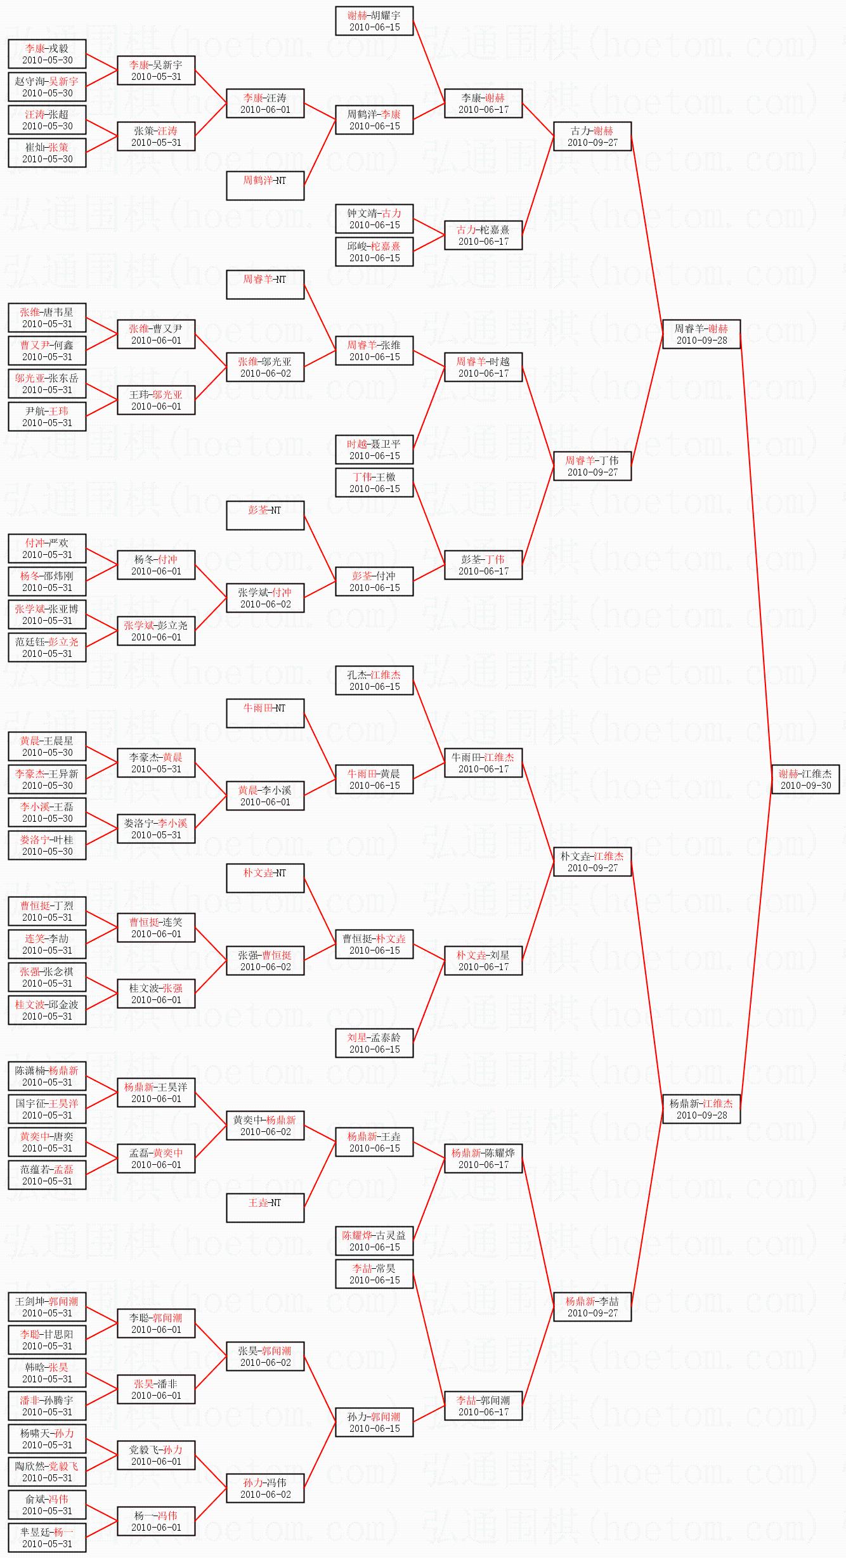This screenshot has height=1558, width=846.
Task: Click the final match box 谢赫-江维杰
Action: [x=805, y=779]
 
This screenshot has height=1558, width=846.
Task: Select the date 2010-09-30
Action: [x=805, y=786]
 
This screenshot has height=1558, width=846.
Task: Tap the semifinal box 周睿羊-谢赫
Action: [x=701, y=334]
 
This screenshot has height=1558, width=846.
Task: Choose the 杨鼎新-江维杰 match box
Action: [x=701, y=1109]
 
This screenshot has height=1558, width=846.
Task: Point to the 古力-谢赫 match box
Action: [x=592, y=136]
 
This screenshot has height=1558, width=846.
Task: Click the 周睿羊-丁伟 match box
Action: [x=592, y=466]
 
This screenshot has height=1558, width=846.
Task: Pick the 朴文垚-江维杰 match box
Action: [x=592, y=862]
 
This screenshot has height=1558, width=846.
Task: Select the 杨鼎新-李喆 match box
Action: [x=592, y=1307]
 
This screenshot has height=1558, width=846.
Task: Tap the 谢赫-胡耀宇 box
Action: [x=374, y=21]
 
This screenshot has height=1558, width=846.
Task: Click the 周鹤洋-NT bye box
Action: [x=265, y=185]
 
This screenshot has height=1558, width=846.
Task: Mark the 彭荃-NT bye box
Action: [x=265, y=515]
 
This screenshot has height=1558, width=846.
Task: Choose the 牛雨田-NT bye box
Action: [x=265, y=713]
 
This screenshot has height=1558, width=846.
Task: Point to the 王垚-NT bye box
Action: [x=265, y=1207]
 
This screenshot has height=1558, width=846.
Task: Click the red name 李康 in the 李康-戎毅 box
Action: [x=35, y=48]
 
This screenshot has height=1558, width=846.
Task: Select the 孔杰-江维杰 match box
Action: [x=374, y=680]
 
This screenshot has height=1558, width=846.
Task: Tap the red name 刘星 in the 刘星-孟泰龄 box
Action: [x=357, y=1037]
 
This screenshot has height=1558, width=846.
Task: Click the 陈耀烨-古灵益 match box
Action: [x=374, y=1241]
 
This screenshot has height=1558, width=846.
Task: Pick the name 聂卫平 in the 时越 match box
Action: [x=385, y=444]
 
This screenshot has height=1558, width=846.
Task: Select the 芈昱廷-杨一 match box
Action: [x=47, y=1538]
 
